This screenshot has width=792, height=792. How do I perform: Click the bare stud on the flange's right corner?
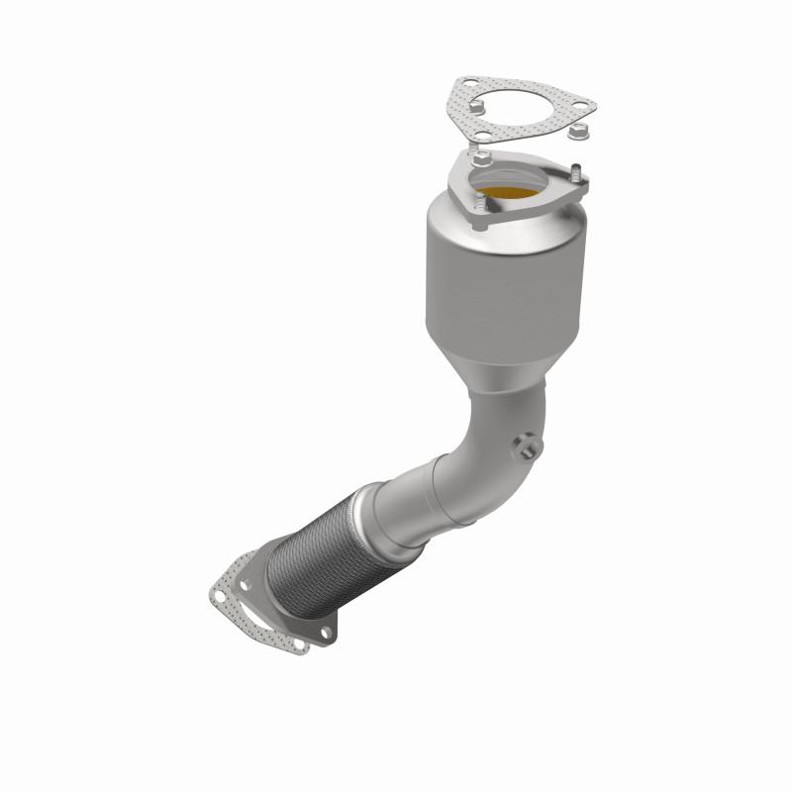click(575, 169)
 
